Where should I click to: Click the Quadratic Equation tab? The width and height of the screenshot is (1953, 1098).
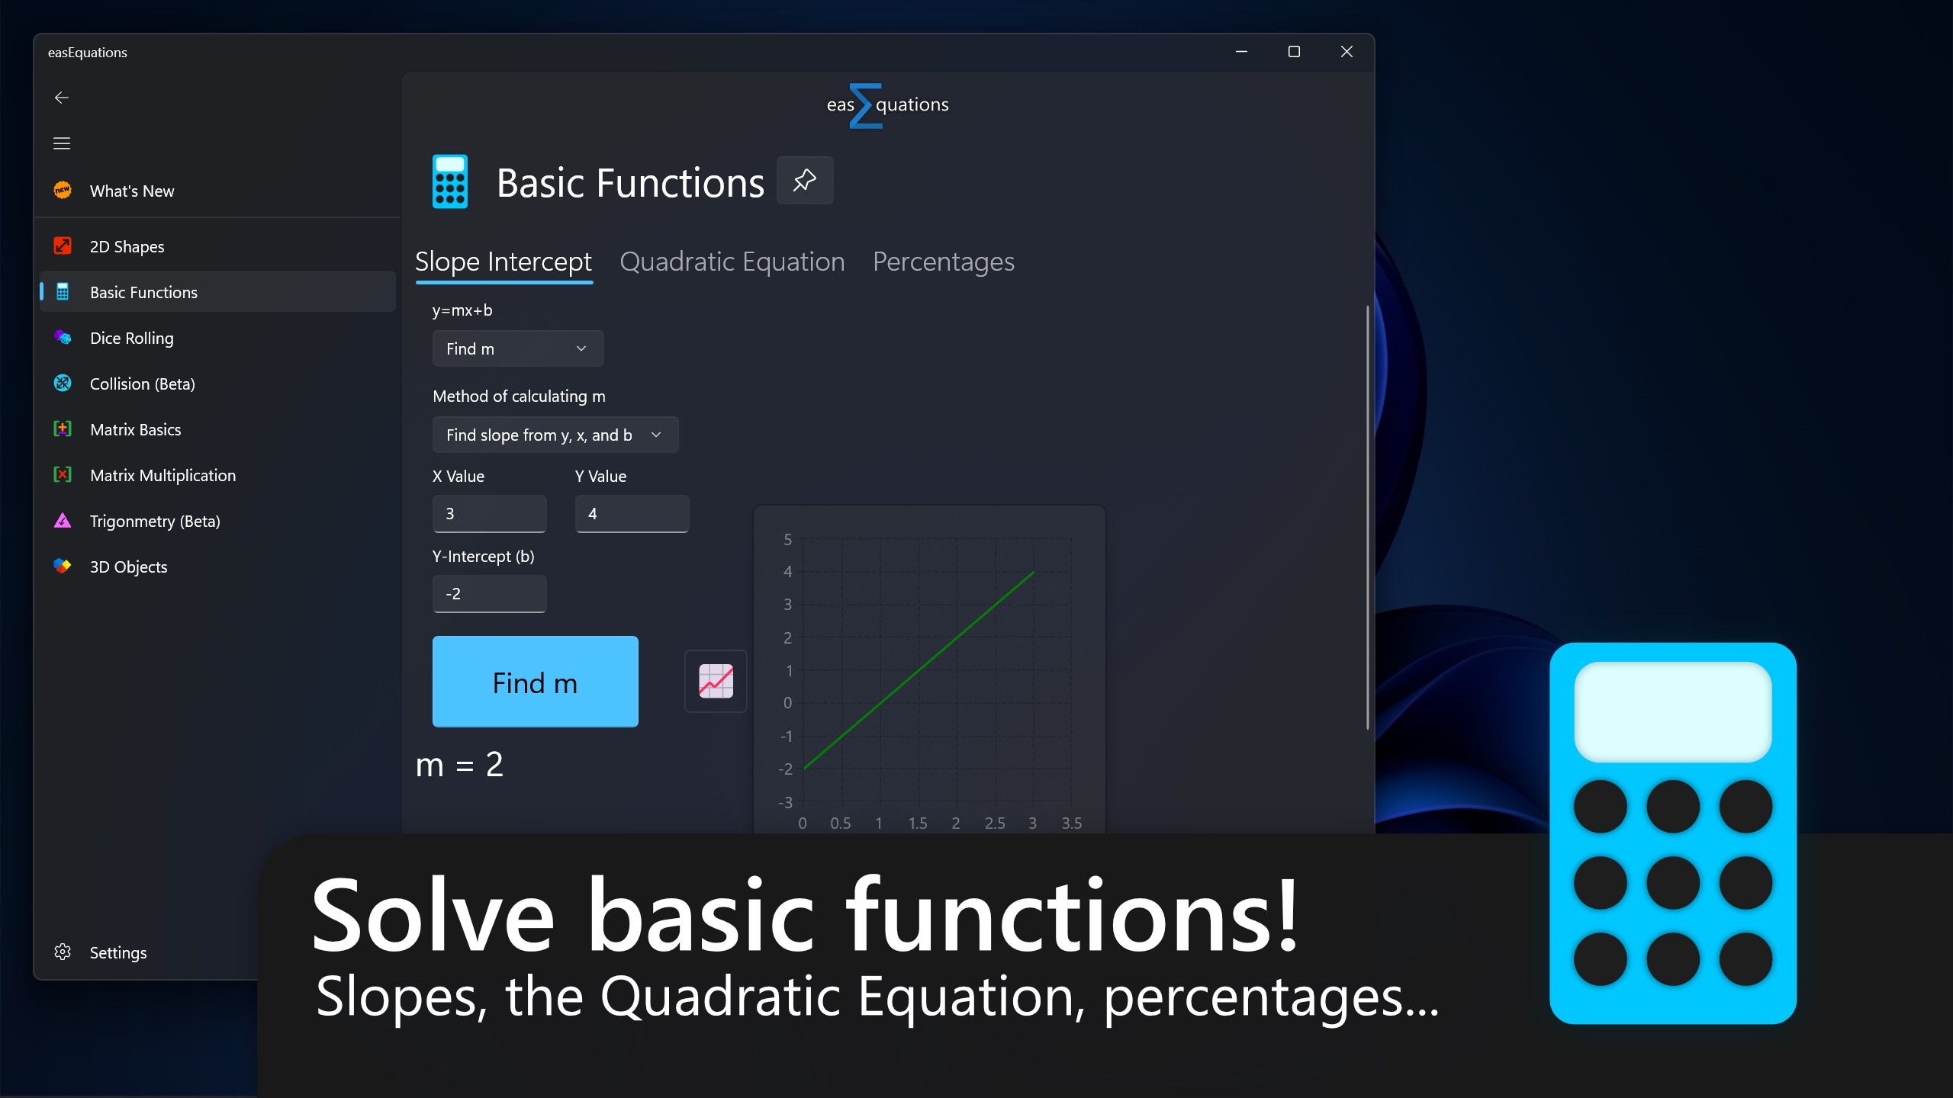click(732, 262)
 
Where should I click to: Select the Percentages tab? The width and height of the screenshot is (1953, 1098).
click(943, 262)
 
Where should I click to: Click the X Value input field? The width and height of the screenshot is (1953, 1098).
click(489, 513)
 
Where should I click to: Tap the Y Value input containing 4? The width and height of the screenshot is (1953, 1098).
click(632, 513)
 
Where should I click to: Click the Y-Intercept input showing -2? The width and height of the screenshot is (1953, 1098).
click(489, 593)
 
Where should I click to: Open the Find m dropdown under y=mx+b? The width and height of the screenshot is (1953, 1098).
click(518, 348)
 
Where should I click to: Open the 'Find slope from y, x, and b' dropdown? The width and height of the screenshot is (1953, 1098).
click(555, 435)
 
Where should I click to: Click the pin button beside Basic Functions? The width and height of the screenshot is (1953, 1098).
click(805, 181)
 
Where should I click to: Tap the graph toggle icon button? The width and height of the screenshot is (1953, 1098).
click(716, 681)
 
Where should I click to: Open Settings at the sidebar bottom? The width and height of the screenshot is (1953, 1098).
click(117, 952)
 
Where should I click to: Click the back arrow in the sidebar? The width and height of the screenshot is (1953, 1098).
click(62, 98)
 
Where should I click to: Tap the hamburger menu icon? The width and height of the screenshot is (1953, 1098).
click(62, 143)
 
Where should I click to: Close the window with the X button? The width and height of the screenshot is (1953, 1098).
click(1347, 51)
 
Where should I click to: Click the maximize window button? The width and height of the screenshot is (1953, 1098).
click(1294, 51)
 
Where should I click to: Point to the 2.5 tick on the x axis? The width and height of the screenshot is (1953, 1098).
click(995, 823)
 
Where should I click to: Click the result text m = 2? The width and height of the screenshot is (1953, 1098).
click(459, 765)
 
